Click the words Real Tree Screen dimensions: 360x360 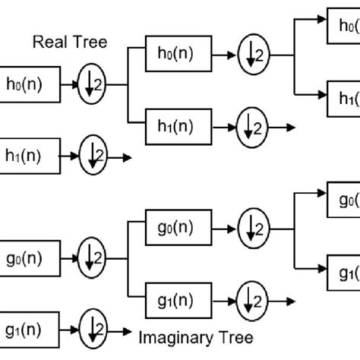point(69,43)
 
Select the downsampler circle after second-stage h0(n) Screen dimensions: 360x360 point(250,55)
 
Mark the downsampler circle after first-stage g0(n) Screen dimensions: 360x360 point(93,256)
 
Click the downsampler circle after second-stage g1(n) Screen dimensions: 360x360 point(250,295)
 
